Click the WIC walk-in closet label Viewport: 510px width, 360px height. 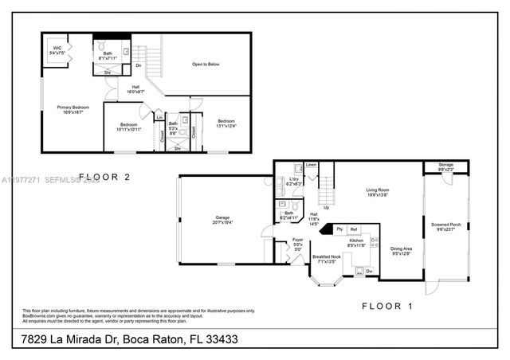[x=57, y=49]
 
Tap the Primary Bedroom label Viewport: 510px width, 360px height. [x=73, y=109]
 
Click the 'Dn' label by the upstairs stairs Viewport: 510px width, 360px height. [x=138, y=65]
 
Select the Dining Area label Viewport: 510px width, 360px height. [x=401, y=251]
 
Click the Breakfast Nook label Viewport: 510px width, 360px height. [x=327, y=257]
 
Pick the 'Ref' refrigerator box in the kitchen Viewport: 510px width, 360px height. [x=353, y=229]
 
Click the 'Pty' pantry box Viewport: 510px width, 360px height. [x=339, y=229]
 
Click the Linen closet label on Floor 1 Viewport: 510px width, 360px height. [x=311, y=165]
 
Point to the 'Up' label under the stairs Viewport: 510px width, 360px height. [x=326, y=208]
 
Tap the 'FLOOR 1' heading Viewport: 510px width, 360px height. [x=387, y=305]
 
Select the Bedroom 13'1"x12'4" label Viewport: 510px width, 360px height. [x=226, y=123]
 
